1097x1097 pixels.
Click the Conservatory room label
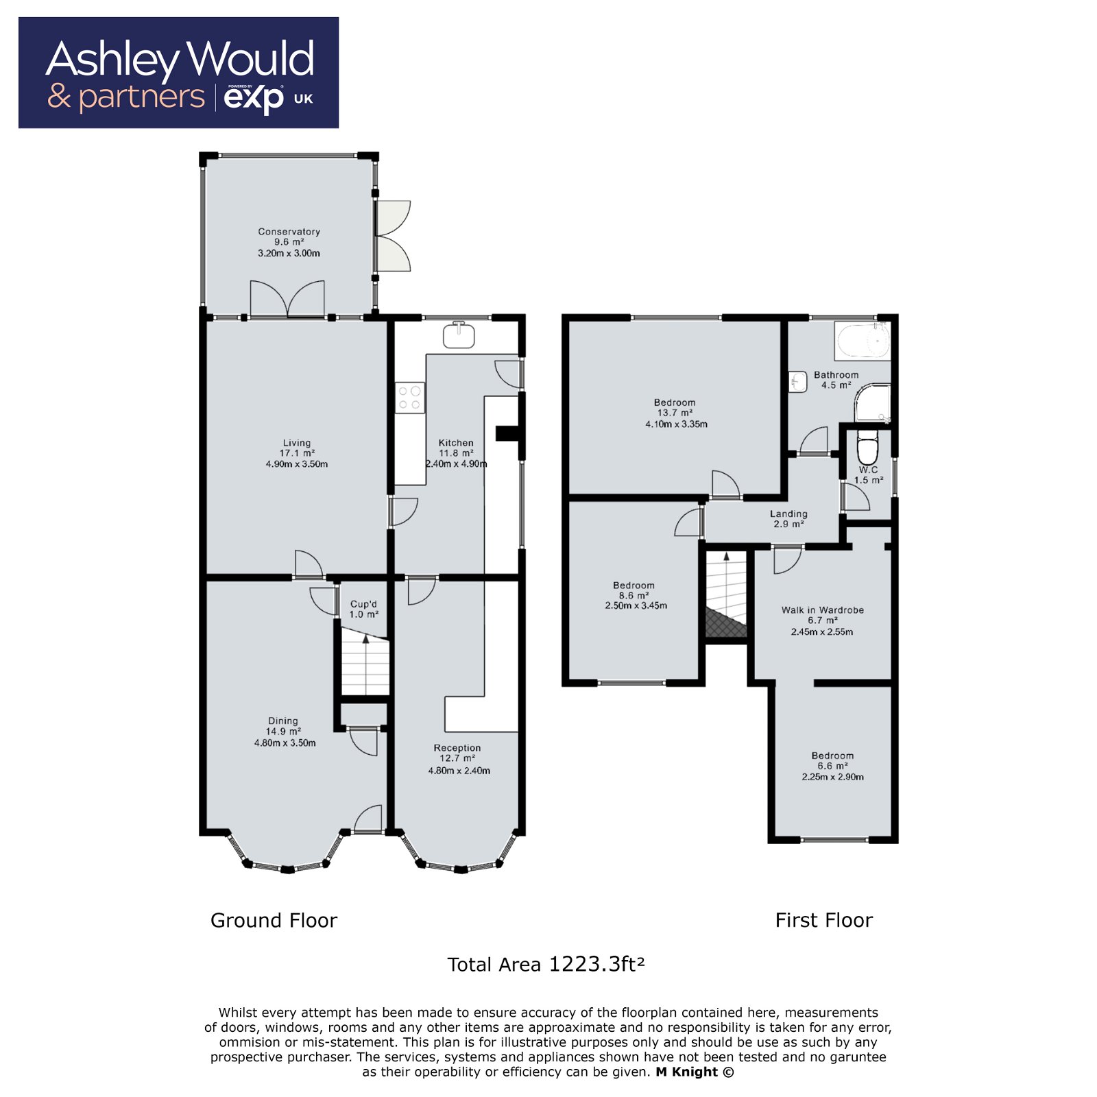289,232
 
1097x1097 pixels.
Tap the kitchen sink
459,335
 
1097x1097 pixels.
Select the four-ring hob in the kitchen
409,398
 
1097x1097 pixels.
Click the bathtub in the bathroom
863,341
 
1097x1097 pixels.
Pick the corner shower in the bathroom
872,404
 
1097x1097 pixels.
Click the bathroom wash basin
797,382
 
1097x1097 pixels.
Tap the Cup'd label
363,604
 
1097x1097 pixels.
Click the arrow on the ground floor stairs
366,639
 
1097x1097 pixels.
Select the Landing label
788,514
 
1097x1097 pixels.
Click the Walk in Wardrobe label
822,610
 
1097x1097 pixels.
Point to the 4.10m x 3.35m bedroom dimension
676,424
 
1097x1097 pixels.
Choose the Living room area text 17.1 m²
297,453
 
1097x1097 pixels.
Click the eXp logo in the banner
254,98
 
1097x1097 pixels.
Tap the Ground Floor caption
274,920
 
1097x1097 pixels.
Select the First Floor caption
823,920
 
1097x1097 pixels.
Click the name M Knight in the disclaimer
687,1072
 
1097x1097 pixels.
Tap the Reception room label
457,748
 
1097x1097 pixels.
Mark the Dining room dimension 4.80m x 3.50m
285,743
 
